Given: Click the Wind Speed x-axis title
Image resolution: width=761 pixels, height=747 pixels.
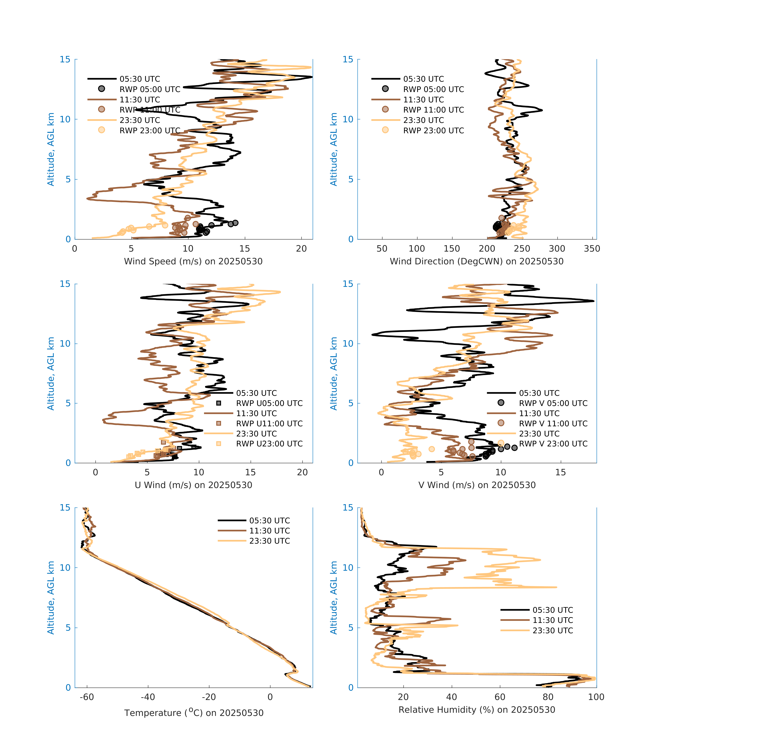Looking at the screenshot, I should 193,261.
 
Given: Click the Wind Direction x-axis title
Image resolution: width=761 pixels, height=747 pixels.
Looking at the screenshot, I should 476,261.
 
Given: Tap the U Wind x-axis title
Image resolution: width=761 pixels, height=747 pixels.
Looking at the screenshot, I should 193,485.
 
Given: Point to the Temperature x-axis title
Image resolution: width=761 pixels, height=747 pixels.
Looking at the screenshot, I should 194,713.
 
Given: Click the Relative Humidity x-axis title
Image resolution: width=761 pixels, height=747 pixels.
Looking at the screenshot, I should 476,709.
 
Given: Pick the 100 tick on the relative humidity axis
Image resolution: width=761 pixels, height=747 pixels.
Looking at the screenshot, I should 596,697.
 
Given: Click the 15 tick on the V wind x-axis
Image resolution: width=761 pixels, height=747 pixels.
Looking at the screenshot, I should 560,472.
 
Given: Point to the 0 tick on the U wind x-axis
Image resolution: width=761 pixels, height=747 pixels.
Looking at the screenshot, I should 95,472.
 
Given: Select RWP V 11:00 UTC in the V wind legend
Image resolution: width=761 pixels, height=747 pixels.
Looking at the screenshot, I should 553,423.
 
